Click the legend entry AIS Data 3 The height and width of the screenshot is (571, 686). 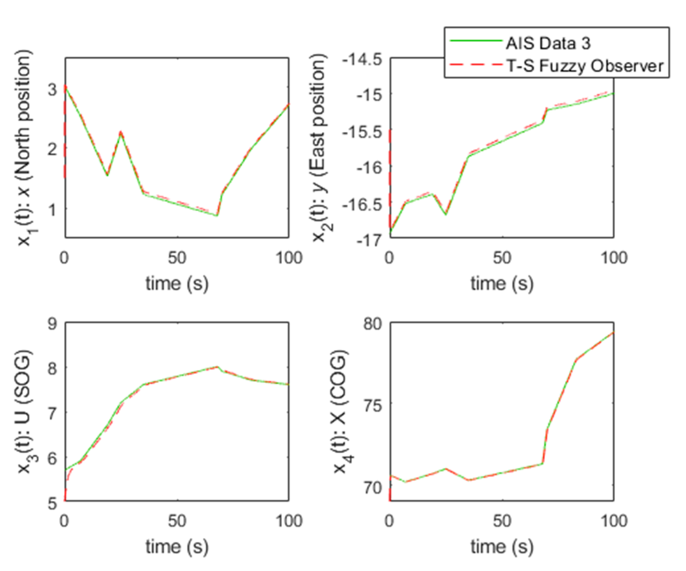548,43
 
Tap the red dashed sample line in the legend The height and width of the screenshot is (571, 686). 475,65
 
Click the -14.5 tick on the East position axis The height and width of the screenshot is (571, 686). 361,60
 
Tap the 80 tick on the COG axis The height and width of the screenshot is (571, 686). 372,324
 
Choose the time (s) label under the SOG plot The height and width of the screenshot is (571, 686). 177,546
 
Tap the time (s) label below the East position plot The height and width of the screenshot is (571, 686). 502,283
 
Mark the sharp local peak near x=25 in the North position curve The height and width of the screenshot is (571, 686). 120,132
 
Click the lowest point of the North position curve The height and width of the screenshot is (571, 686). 217,216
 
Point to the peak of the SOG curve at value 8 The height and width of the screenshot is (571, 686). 217,367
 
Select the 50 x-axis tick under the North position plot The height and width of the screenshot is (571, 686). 177,258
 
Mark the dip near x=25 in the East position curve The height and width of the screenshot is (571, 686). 446,214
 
